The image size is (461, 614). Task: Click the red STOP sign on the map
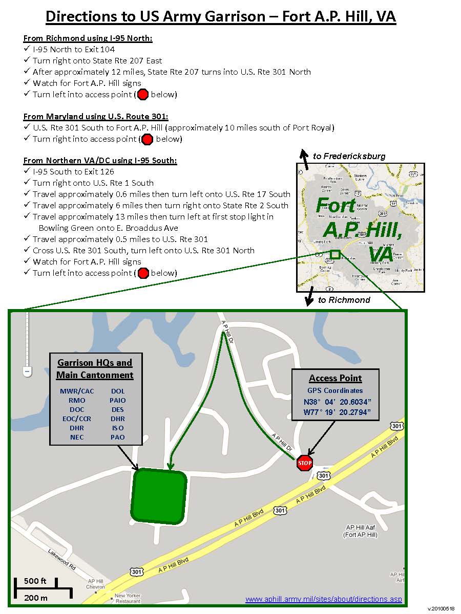[x=305, y=463]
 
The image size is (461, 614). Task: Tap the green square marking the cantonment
[x=159, y=496]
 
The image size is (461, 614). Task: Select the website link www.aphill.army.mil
[x=324, y=599]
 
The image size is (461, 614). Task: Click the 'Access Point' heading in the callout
[x=336, y=379]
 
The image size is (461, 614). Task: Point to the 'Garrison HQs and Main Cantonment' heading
[x=95, y=369]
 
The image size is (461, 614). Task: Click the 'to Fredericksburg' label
[x=349, y=156]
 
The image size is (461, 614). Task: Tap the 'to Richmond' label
[x=344, y=300]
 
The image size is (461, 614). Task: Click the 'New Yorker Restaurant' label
[x=128, y=598]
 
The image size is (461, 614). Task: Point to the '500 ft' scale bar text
[x=35, y=581]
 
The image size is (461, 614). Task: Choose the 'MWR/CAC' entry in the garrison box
[x=77, y=391]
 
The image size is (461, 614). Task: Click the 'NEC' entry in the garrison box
[x=77, y=437]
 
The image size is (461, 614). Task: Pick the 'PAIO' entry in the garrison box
[x=117, y=400]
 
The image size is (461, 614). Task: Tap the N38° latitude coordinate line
[x=336, y=402]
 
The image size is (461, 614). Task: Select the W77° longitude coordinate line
[x=336, y=412]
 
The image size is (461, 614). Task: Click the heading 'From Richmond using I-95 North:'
[x=88, y=38]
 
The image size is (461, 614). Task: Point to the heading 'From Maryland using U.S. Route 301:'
[x=96, y=116]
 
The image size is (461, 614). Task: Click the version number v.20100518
[x=441, y=608]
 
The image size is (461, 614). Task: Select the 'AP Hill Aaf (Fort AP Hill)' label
[x=361, y=531]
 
